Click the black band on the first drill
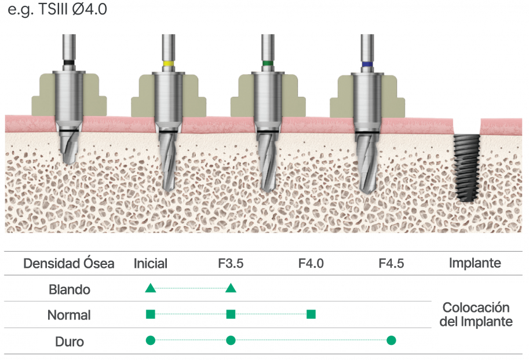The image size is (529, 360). (69, 63)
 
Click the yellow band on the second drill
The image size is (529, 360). (169, 63)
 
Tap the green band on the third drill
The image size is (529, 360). (267, 63)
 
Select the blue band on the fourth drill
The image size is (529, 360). (367, 63)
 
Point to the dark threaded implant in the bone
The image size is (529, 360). (466, 167)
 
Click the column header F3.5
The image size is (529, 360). (231, 263)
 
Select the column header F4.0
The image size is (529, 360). (311, 263)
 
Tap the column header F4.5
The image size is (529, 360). (391, 263)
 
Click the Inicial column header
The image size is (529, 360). (150, 263)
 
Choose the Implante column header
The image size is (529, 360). (476, 263)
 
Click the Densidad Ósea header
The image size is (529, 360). (68, 263)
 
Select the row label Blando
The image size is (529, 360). (69, 289)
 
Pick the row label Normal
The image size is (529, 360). (68, 315)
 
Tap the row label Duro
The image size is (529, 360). (69, 341)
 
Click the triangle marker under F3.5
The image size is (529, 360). (231, 288)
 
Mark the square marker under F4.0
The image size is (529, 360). (311, 314)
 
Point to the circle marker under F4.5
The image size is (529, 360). (391, 340)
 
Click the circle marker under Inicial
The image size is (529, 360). (150, 340)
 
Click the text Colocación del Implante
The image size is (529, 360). (476, 314)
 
